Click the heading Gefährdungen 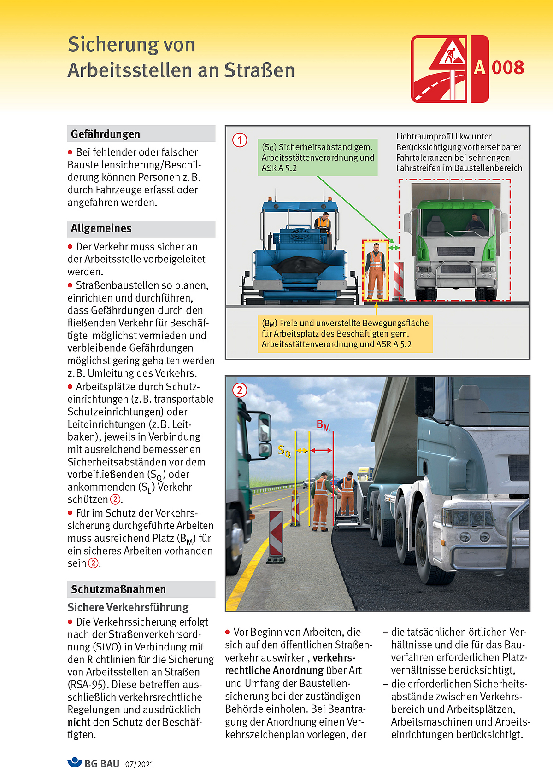(106, 134)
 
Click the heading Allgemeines (101, 228)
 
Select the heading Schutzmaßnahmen (118, 589)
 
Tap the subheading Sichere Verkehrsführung (128, 607)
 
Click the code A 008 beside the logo (499, 68)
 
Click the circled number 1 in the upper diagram (240, 139)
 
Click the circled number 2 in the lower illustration (240, 390)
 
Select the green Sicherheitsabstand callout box (318, 157)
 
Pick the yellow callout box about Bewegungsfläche (345, 334)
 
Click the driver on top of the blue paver (323, 223)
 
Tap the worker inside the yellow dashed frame (376, 271)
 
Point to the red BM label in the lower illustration (323, 425)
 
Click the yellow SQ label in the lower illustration (284, 451)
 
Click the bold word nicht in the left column (79, 722)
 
